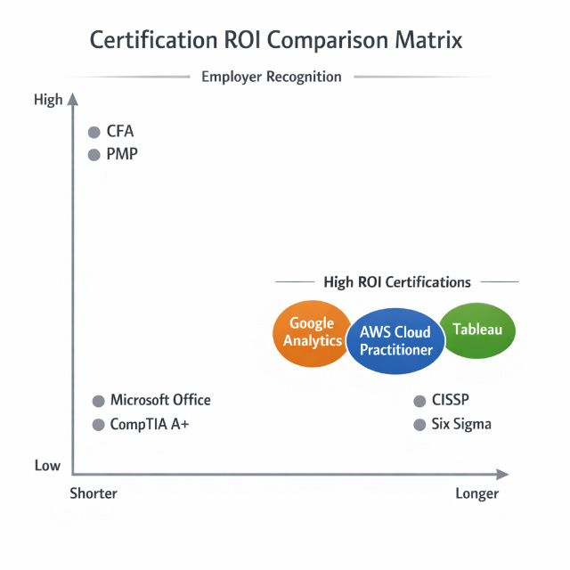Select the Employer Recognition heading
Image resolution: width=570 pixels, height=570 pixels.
point(271,77)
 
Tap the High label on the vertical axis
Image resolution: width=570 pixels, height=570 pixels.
point(48,100)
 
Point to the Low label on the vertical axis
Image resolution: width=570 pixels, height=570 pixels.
point(47,466)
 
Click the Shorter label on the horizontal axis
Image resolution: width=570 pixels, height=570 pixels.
point(94,493)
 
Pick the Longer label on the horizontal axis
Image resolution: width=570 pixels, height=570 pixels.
point(476,493)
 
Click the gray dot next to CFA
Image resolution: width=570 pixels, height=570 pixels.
point(94,133)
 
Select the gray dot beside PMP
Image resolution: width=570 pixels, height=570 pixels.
point(94,155)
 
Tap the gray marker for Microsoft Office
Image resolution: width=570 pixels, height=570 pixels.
point(98,401)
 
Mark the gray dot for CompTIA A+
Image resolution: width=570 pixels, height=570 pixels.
point(98,425)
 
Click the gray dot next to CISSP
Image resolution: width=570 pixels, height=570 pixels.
point(419,401)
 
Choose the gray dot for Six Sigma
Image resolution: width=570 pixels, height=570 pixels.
point(419,425)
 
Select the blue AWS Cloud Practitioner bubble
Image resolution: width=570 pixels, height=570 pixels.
point(395,341)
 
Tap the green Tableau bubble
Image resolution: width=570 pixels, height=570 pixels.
point(478,330)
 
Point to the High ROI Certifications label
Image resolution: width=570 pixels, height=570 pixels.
point(397,282)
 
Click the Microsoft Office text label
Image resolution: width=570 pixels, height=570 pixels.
point(160,401)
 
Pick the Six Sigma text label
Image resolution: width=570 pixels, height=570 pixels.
point(460,425)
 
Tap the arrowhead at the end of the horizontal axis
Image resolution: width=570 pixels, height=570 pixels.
point(503,474)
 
